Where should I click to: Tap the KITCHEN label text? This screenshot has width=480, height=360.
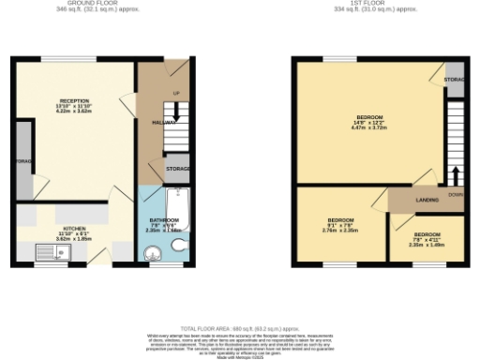74,228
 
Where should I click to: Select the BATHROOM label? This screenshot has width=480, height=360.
163,220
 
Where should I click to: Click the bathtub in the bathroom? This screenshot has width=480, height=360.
179,212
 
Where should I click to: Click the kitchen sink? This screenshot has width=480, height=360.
46,250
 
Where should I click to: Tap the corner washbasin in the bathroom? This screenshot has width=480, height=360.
152,250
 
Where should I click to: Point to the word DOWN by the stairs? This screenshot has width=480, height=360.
456,195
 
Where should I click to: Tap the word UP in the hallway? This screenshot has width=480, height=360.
175,92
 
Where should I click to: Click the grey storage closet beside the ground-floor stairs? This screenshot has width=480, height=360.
177,170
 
